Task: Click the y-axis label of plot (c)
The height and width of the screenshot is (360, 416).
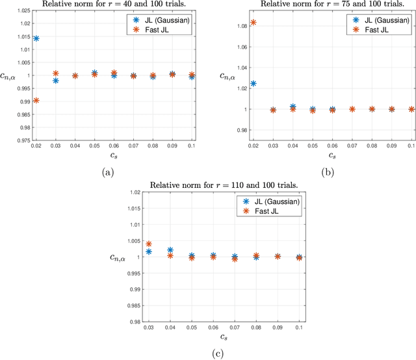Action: click(121, 257)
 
